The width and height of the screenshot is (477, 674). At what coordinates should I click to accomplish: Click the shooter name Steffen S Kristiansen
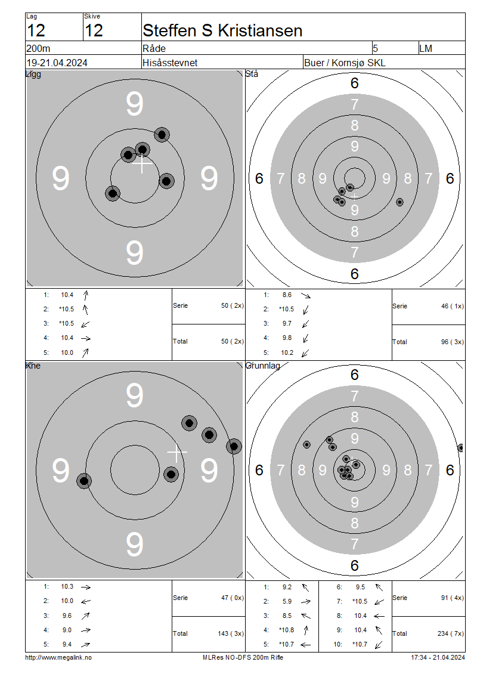(x=222, y=31)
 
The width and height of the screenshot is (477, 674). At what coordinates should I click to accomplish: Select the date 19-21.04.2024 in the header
(x=57, y=63)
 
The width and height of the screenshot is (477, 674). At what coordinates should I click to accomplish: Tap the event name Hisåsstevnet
(x=170, y=63)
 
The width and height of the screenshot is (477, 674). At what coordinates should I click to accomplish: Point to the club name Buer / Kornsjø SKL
(x=345, y=63)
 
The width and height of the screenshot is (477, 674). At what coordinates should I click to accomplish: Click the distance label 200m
(x=38, y=48)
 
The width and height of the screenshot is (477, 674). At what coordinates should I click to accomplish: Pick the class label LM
(x=426, y=48)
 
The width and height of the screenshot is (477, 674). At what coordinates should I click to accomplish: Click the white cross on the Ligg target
(x=143, y=164)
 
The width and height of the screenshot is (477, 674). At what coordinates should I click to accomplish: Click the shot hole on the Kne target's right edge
(x=234, y=446)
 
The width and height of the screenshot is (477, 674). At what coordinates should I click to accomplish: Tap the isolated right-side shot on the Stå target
(x=399, y=202)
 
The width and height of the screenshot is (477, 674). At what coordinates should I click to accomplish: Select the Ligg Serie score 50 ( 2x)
(x=233, y=305)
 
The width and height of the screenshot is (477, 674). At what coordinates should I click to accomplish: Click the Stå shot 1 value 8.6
(x=287, y=295)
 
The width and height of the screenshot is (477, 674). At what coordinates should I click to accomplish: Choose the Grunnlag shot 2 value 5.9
(x=287, y=601)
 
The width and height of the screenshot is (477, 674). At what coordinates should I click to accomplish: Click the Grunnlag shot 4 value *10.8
(x=287, y=630)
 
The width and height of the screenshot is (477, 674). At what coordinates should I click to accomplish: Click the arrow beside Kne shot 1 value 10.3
(x=86, y=587)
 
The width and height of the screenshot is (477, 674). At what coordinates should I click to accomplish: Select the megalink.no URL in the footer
(x=58, y=657)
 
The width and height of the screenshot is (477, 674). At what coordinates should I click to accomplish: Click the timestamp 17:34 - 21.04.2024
(x=438, y=657)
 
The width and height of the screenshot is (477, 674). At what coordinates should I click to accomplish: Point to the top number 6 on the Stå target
(x=355, y=83)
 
